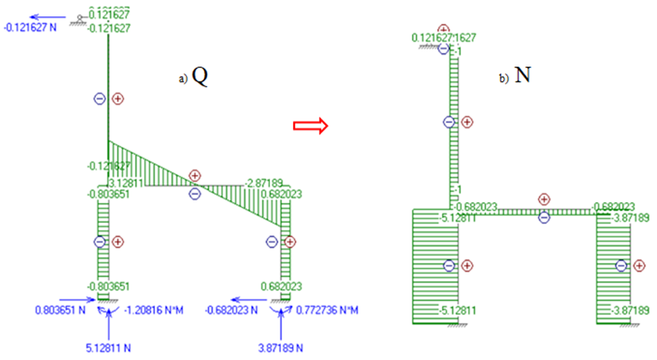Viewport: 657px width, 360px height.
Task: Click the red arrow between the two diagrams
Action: tap(309, 127)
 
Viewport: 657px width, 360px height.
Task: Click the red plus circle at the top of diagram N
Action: tap(443, 29)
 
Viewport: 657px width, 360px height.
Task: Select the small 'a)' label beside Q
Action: tap(183, 79)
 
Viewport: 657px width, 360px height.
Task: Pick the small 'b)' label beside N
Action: tap(505, 79)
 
